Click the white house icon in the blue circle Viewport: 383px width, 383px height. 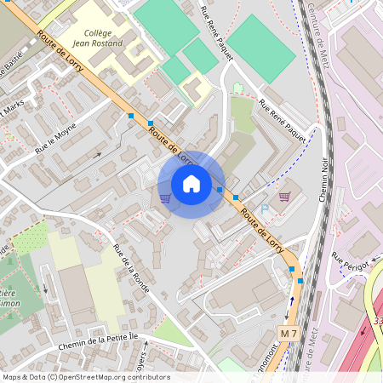pyautogui.click(x=191, y=184)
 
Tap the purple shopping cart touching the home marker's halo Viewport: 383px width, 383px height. pyautogui.click(x=165, y=197)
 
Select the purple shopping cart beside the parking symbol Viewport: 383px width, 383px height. pyautogui.click(x=284, y=197)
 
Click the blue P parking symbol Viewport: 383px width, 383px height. pyautogui.click(x=264, y=209)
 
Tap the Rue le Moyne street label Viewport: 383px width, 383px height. pyautogui.click(x=56, y=139)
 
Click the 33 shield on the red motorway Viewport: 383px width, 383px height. pyautogui.click(x=377, y=321)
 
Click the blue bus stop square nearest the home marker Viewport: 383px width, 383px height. pyautogui.click(x=220, y=189)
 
